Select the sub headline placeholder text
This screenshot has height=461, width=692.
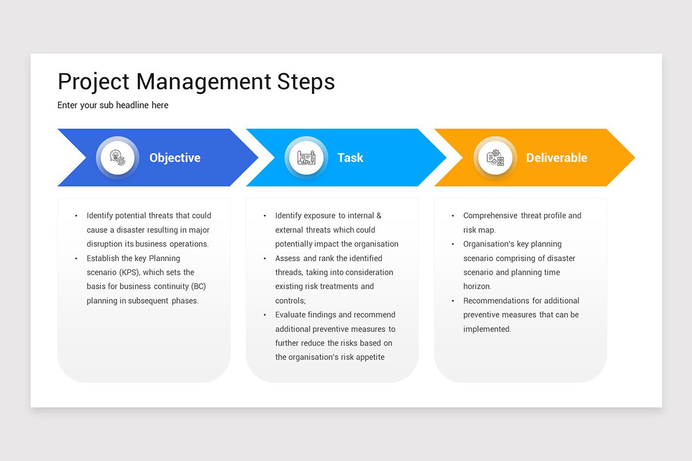point(113,105)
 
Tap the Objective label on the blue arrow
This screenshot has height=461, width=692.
point(175,158)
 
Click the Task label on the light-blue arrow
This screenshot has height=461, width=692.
point(350,158)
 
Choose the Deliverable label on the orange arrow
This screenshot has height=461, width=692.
point(556,158)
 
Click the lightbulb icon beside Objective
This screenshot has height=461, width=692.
point(118,158)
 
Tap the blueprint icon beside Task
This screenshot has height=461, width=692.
point(306,158)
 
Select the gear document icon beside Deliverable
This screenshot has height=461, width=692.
point(495,158)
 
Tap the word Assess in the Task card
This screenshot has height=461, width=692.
point(288,258)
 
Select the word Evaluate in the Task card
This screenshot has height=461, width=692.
point(291,315)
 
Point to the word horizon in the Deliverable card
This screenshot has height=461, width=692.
point(476,286)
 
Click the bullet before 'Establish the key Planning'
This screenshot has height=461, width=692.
point(76,258)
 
